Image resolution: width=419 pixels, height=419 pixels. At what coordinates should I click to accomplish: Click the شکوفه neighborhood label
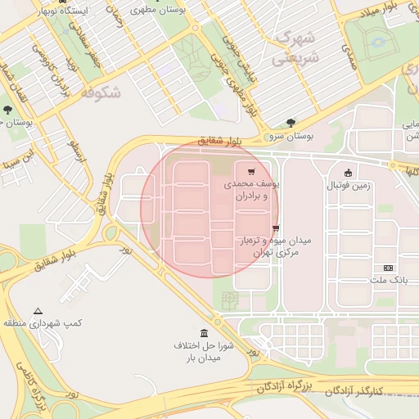click(101, 92)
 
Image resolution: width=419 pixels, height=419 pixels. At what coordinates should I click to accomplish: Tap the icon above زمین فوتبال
click(349, 173)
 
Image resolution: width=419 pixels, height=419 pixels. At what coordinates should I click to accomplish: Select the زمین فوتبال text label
click(349, 186)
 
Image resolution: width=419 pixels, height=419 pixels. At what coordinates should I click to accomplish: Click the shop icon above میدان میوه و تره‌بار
click(276, 228)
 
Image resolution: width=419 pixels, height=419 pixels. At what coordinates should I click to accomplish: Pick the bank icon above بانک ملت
click(388, 268)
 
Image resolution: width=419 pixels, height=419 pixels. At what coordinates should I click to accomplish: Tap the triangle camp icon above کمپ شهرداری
click(38, 310)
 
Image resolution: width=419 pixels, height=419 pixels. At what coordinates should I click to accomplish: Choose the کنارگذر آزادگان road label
click(373, 391)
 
